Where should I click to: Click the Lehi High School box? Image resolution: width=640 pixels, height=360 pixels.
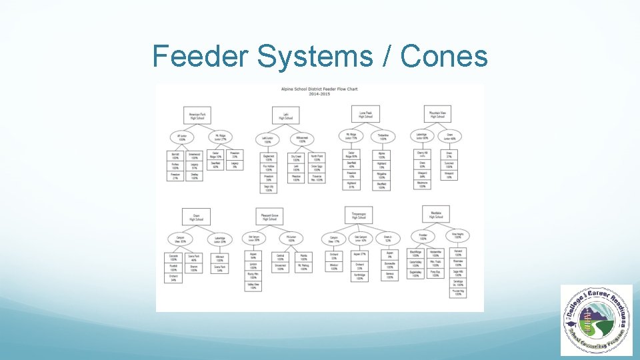click(x=285, y=115)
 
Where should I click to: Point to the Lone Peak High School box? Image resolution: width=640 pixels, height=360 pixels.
click(x=365, y=114)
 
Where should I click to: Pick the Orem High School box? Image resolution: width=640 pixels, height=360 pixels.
click(x=196, y=216)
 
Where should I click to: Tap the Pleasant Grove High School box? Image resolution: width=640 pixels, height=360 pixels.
click(x=270, y=216)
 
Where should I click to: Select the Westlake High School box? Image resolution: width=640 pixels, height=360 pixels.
click(x=436, y=215)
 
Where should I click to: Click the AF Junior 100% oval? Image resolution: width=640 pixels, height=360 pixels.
click(x=182, y=137)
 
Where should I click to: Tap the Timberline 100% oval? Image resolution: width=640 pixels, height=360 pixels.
click(x=383, y=137)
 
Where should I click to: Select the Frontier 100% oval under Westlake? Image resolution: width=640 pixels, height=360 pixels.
click(x=423, y=237)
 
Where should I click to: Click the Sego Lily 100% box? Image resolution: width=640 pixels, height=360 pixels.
click(x=267, y=189)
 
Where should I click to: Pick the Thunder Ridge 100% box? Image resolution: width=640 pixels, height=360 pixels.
click(x=457, y=291)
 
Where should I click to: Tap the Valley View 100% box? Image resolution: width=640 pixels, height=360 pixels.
click(x=253, y=286)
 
